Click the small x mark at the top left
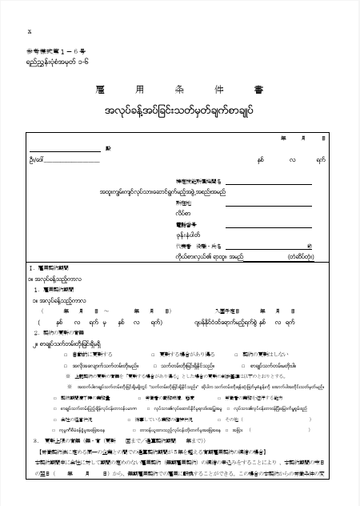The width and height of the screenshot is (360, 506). tap(30, 31)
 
